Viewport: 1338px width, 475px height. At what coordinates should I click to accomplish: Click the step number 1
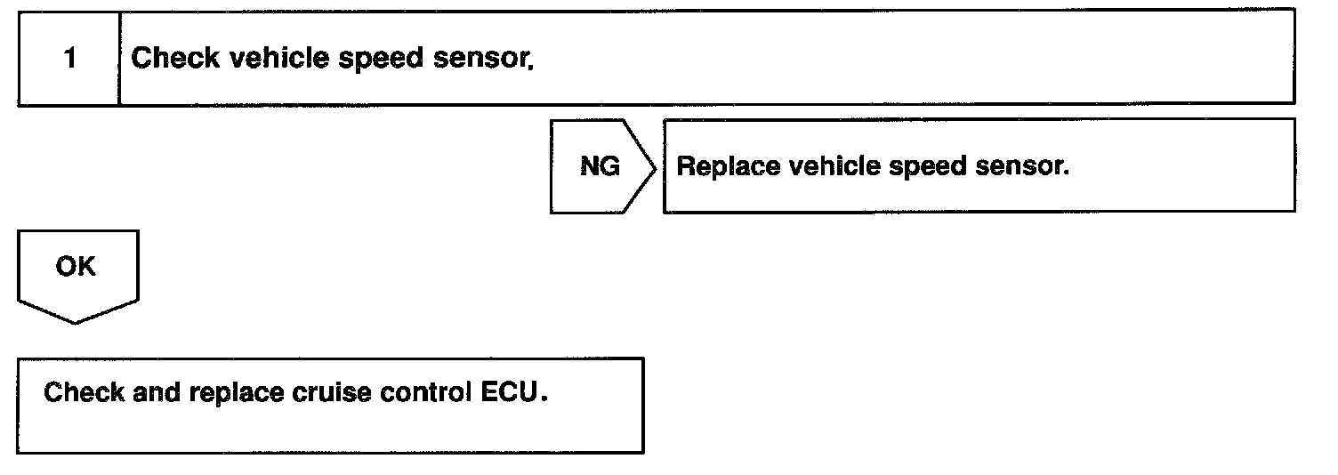click(69, 60)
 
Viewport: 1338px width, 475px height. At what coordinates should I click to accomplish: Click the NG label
click(600, 166)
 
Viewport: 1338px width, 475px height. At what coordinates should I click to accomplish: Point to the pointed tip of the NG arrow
click(656, 166)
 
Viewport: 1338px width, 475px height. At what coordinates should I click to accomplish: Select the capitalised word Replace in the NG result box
click(721, 167)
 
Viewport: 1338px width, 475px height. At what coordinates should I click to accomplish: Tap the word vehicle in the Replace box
click(825, 166)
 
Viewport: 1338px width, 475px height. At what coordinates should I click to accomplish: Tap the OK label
click(76, 266)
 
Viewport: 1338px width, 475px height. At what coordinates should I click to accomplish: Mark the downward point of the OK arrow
click(77, 322)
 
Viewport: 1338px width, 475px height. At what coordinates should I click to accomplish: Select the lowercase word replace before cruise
click(234, 393)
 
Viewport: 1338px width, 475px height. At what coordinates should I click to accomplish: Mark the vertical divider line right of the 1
click(119, 60)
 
